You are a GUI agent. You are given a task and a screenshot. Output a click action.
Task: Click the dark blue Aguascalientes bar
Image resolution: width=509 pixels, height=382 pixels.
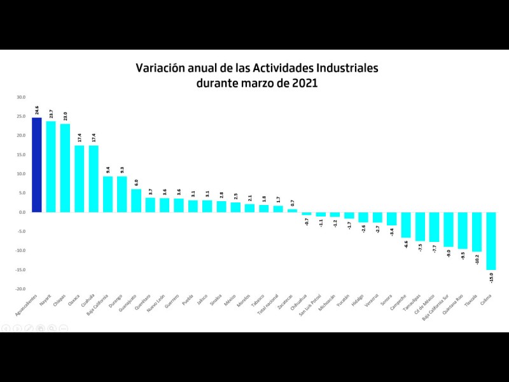(36, 165)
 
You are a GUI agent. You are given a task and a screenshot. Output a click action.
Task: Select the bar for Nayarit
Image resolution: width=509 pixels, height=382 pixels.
(51, 167)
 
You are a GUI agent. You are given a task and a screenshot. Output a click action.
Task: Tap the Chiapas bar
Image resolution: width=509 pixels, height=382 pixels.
(65, 168)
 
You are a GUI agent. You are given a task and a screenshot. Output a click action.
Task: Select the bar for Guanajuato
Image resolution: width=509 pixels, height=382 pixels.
(136, 201)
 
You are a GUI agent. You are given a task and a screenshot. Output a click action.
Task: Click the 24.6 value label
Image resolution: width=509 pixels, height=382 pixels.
(37, 110)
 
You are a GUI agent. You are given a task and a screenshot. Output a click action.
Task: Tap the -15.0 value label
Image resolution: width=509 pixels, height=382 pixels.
(491, 278)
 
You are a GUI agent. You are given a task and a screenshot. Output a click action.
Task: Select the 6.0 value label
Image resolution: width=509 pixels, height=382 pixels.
(136, 181)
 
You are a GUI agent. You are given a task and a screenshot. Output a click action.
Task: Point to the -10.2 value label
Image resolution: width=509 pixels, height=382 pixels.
(477, 260)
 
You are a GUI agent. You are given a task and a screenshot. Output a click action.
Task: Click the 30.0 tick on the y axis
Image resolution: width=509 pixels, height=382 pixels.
(21, 97)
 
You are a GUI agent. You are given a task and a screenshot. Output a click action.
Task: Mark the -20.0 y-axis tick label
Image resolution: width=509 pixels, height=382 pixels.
(20, 288)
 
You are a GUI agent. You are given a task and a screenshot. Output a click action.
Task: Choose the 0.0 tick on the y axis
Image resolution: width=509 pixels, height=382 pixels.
(22, 212)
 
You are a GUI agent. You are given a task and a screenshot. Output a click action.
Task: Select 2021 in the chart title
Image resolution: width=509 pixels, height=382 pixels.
(303, 83)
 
